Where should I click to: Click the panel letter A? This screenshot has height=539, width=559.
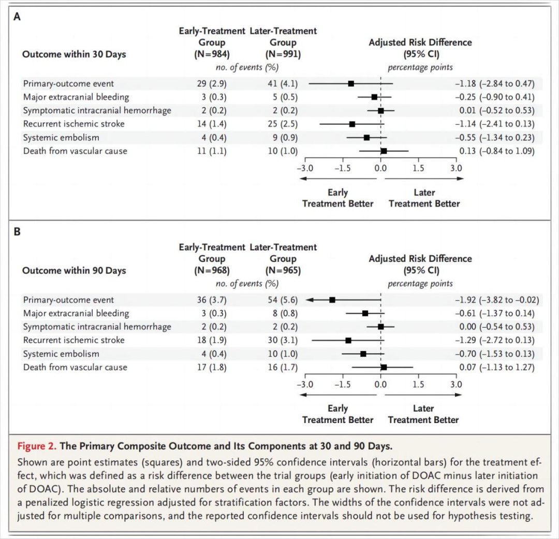[17, 17]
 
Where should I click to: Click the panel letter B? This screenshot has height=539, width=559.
[17, 232]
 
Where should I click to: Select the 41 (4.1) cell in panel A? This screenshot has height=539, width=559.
[283, 83]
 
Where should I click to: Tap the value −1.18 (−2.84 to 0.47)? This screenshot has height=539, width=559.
[494, 83]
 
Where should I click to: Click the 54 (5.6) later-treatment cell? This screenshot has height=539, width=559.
[283, 300]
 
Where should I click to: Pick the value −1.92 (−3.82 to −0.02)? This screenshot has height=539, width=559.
[496, 300]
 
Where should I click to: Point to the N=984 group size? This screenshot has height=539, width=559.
[212, 54]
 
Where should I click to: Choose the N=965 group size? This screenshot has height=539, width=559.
[283, 270]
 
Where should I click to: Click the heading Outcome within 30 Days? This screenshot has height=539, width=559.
[74, 54]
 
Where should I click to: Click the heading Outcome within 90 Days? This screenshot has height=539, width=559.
[74, 270]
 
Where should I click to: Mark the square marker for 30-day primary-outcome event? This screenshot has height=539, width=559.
[351, 83]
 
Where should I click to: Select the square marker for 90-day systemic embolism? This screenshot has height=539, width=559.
[363, 354]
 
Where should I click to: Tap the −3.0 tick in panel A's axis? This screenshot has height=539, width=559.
[304, 168]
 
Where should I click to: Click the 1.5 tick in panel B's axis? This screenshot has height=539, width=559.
[418, 385]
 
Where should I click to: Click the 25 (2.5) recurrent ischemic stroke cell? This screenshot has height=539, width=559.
[283, 124]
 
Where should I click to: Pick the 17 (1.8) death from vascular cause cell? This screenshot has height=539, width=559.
[212, 367]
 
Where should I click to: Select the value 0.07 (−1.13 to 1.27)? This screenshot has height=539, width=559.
[494, 367]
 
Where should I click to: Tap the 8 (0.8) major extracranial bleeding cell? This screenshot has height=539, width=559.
[283, 313]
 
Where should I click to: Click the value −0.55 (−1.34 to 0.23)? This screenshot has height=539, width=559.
[494, 137]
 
